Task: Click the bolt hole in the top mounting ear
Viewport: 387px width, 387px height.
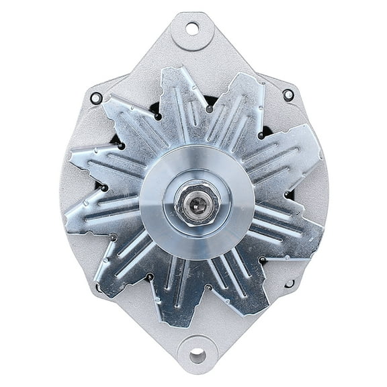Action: coord(192,28)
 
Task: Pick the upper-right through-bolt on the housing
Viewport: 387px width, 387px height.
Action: coord(288,95)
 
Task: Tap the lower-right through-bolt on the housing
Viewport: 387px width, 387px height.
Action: coord(290,284)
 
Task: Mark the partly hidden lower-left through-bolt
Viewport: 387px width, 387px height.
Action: coord(99,288)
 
